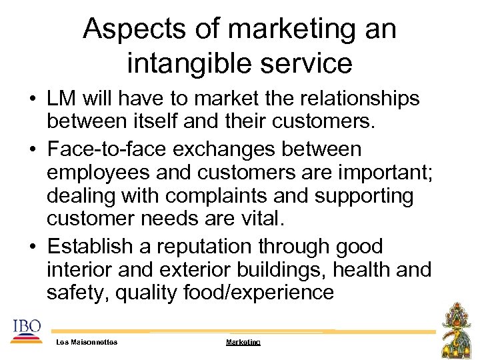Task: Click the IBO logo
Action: [x=27, y=332]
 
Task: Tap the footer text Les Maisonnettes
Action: [x=87, y=342]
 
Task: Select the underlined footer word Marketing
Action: [x=243, y=342]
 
